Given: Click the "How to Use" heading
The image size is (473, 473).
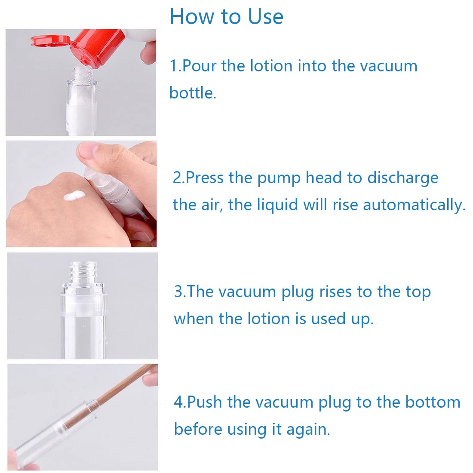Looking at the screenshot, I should pyautogui.click(x=226, y=17).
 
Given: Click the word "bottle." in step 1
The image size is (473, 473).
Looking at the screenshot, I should pyautogui.click(x=193, y=93).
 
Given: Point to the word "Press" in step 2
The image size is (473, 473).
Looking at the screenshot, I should pyautogui.click(x=205, y=178).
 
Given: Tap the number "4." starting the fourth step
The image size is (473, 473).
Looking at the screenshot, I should pyautogui.click(x=180, y=402).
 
